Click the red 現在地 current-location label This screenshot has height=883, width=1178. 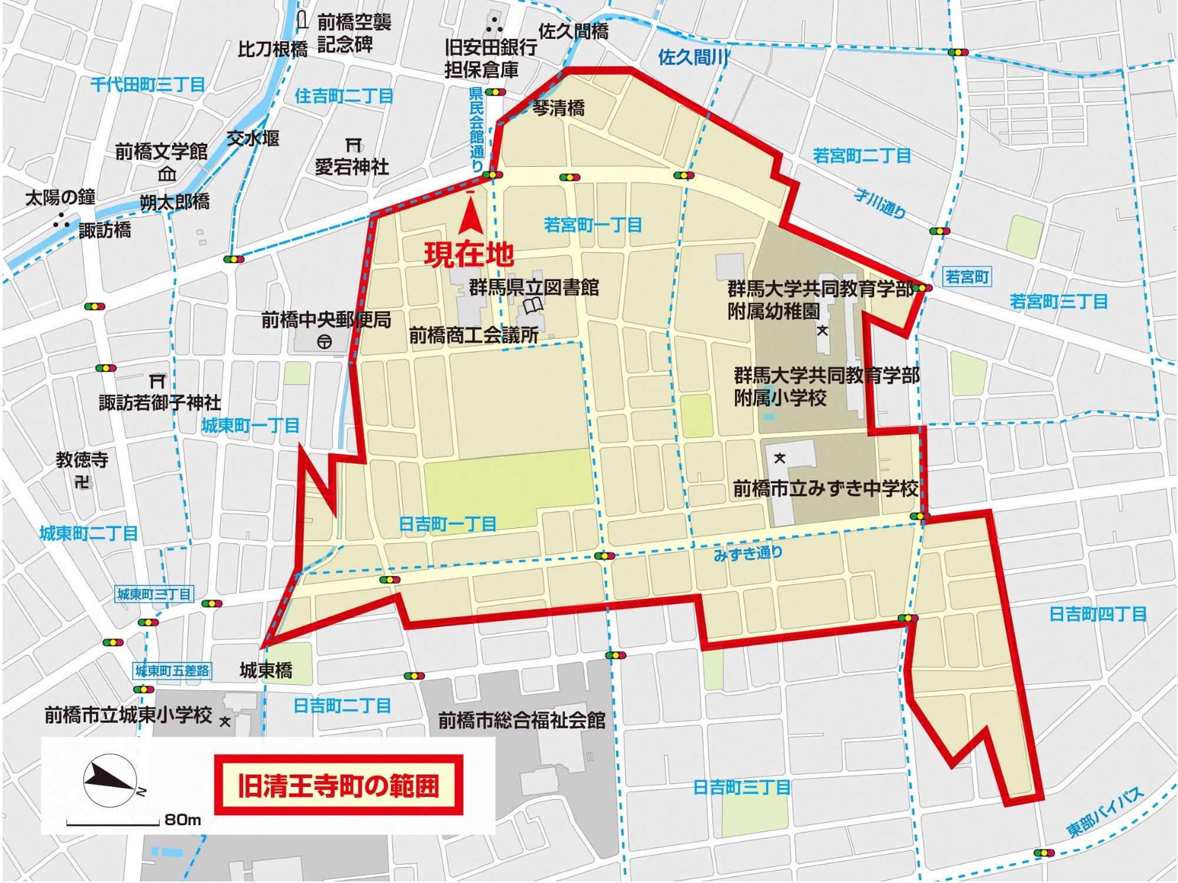point(469,255)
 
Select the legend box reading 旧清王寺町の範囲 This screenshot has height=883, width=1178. point(339,786)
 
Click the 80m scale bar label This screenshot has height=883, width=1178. point(183,820)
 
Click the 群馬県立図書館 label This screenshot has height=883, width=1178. point(534,288)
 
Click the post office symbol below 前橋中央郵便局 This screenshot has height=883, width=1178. point(323,341)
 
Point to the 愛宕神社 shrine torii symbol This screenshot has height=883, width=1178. point(353,143)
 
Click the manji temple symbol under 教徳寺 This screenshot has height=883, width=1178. point(82,482)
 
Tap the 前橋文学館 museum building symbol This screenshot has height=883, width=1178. point(168,174)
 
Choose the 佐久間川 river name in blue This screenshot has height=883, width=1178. point(694,57)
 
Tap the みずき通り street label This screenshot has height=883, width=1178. point(748,553)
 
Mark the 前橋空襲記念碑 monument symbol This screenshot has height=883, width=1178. point(303,21)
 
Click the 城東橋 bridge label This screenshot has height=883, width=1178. point(266,670)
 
